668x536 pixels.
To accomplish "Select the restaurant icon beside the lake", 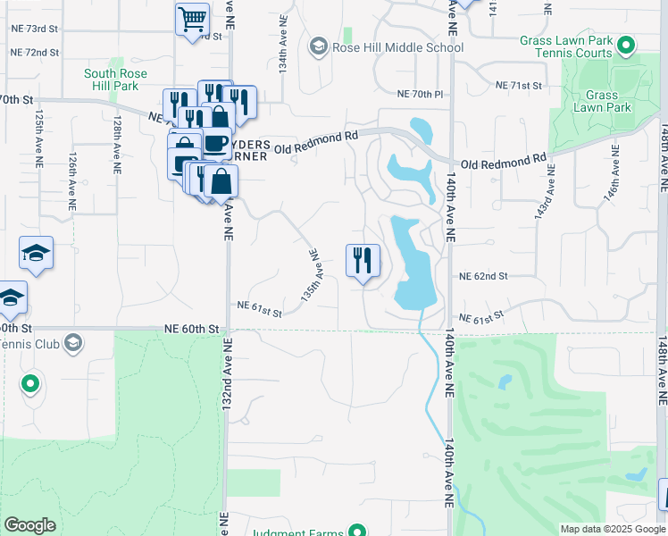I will (x=363, y=261).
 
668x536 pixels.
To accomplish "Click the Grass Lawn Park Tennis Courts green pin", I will (x=627, y=46).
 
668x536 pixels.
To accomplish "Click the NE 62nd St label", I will (x=483, y=277).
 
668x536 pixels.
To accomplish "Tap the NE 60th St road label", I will (x=191, y=329).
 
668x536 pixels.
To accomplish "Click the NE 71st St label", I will (x=519, y=86).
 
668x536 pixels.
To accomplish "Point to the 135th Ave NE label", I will (x=311, y=277).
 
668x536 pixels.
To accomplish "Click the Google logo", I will (x=29, y=525).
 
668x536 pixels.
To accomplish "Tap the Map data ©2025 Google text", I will (x=612, y=529).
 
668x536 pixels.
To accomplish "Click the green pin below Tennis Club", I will (x=30, y=385).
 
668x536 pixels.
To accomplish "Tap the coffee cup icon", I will (x=214, y=144).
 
